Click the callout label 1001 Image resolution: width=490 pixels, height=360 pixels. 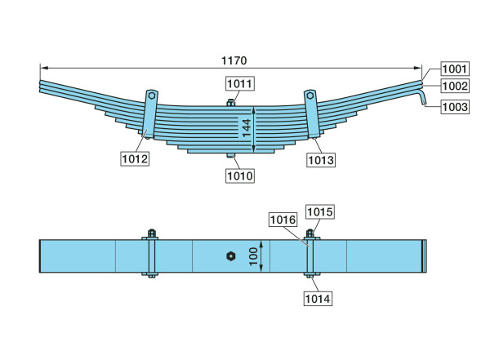pyautogui.click(x=455, y=69)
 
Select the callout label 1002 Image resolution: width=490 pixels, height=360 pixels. pyautogui.click(x=455, y=86)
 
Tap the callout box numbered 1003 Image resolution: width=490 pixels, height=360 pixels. pyautogui.click(x=455, y=107)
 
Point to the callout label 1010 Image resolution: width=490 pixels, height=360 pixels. pyautogui.click(x=240, y=176)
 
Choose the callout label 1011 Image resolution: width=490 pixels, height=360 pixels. pyautogui.click(x=240, y=84)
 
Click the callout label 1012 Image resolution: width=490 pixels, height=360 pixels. pyautogui.click(x=135, y=158)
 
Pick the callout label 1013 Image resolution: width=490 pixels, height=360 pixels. pyautogui.click(x=321, y=160)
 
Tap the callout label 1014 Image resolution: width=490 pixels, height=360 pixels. pyautogui.click(x=318, y=299)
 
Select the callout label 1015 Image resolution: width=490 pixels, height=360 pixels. pyautogui.click(x=320, y=212)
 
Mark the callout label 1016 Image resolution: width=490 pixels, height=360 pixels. pyautogui.click(x=283, y=220)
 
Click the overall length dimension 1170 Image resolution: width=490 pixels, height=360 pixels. pyautogui.click(x=234, y=60)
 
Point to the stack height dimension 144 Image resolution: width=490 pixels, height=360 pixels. pyautogui.click(x=247, y=128)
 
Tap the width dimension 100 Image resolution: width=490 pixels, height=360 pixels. pyautogui.click(x=253, y=256)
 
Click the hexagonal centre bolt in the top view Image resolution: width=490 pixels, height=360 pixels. pyautogui.click(x=230, y=256)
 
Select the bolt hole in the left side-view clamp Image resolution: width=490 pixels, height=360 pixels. pyautogui.click(x=152, y=96)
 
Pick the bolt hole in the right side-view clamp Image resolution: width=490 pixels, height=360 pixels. pyautogui.click(x=310, y=96)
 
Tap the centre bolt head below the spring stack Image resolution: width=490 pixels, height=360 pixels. pyautogui.click(x=231, y=155)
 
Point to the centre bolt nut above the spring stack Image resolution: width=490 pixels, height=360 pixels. pyautogui.click(x=230, y=103)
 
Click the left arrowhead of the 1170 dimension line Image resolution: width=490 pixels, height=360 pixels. pyautogui.click(x=44, y=68)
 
